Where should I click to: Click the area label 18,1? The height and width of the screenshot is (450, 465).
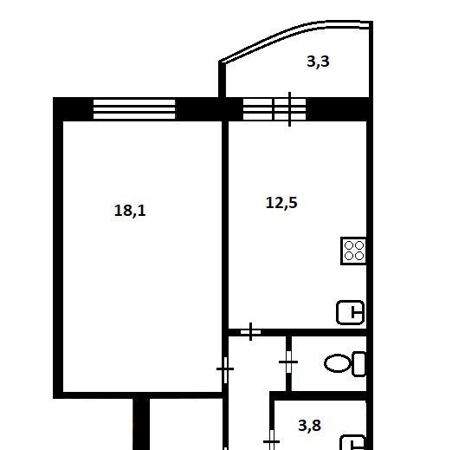pos(130,211)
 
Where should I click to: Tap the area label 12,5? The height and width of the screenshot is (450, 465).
pos(281,203)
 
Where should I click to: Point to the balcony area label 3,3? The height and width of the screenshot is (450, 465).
pos(318,62)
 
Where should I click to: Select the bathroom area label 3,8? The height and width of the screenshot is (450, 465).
pos(310,426)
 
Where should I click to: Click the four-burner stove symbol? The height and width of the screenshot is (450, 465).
pos(353,251)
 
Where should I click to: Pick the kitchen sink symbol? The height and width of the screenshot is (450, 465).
pos(351,312)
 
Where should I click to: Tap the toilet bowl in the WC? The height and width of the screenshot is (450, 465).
pos(338,363)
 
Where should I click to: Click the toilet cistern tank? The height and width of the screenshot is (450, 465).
pos(358,364)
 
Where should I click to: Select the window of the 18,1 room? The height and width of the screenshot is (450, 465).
pos(134,109)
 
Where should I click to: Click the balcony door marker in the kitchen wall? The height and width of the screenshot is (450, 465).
pos(289,109)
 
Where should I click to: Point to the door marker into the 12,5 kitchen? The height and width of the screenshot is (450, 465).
pos(251,331)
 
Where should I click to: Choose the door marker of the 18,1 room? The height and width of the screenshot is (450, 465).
pos(225,369)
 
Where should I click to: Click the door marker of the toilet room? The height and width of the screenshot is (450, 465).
pos(288,362)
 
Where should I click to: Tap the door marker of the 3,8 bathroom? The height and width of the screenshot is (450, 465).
pos(271,440)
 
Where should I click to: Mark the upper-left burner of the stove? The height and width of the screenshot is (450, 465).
pos(349,245)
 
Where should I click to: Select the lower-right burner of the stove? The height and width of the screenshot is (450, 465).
pos(359,256)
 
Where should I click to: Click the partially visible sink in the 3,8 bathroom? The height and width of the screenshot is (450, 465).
pos(353,442)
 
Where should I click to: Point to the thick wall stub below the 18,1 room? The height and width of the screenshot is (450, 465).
pos(141,424)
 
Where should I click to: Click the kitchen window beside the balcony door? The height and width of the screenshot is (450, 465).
pos(257,109)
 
